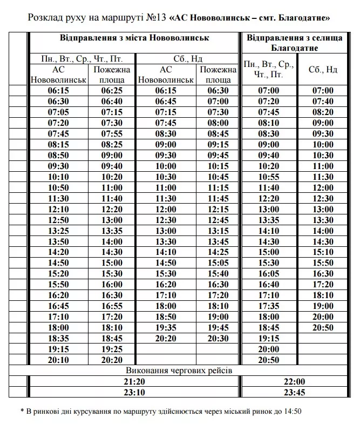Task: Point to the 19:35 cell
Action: pyautogui.click(x=166, y=328)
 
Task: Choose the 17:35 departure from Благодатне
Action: pyautogui.click(x=269, y=306)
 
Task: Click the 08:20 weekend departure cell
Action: pyautogui.click(x=323, y=112)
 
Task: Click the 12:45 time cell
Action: pyautogui.click(x=218, y=220)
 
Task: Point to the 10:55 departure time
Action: pyautogui.click(x=269, y=177)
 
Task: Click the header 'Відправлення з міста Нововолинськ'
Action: pyautogui.click(x=134, y=39)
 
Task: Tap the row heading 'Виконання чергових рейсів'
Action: pyautogui.click(x=179, y=371)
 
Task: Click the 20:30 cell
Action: pyautogui.click(x=218, y=339)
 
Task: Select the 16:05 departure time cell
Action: pyautogui.click(x=269, y=274)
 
